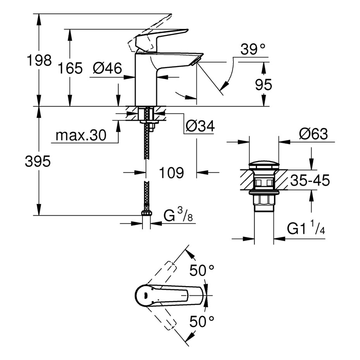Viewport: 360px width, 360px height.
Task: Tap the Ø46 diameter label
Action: (x=107, y=69)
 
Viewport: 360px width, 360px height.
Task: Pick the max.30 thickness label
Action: (x=81, y=135)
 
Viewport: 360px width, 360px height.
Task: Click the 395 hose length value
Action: (x=38, y=162)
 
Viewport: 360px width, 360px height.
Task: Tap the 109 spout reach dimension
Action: (x=171, y=173)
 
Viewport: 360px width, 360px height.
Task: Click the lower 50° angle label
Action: (x=202, y=321)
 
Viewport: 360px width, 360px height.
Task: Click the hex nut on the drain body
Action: (x=264, y=201)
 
